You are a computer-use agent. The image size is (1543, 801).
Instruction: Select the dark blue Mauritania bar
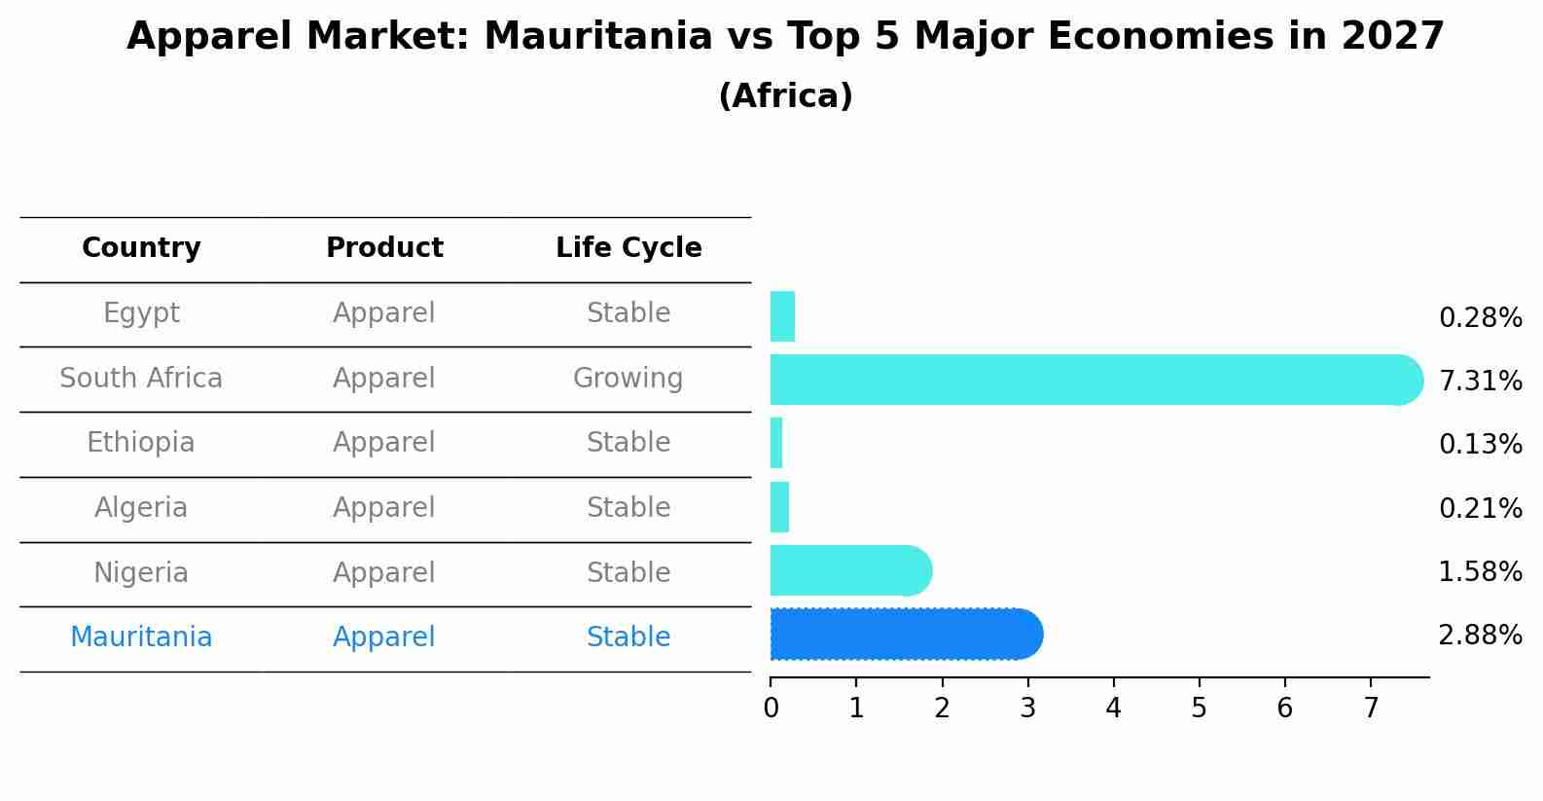[905, 635]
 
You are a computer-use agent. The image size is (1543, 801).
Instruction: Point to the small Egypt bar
[782, 316]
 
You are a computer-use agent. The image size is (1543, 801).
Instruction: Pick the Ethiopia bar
[776, 443]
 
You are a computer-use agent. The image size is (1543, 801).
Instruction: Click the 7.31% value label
[1479, 381]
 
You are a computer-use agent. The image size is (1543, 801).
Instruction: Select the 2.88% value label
[1479, 636]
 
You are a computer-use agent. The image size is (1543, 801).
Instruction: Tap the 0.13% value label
[1479, 445]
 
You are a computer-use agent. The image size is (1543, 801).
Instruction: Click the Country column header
[141, 248]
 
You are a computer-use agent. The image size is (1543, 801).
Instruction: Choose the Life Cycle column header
[628, 248]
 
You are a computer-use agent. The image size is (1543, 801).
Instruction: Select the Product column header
[384, 248]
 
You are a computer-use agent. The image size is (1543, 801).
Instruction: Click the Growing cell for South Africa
[628, 379]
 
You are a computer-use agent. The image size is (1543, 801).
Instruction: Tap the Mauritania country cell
[141, 637]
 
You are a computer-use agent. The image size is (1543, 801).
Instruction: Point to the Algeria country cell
[141, 508]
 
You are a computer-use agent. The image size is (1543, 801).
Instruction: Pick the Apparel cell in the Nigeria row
[384, 573]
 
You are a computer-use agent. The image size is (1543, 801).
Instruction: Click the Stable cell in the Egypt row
[628, 313]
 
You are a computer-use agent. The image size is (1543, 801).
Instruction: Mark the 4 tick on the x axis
[1113, 708]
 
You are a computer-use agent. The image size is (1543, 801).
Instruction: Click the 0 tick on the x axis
[771, 708]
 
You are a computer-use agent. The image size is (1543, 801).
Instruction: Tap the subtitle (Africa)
[785, 96]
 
